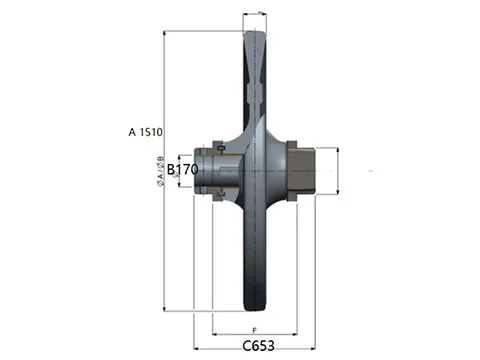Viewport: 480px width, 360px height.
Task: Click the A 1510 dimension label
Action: tap(146, 131)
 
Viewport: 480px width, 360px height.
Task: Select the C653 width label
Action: tap(258, 345)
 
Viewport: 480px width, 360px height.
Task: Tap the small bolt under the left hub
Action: tap(215, 202)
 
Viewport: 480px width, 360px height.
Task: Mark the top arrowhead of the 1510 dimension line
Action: tap(166, 32)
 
